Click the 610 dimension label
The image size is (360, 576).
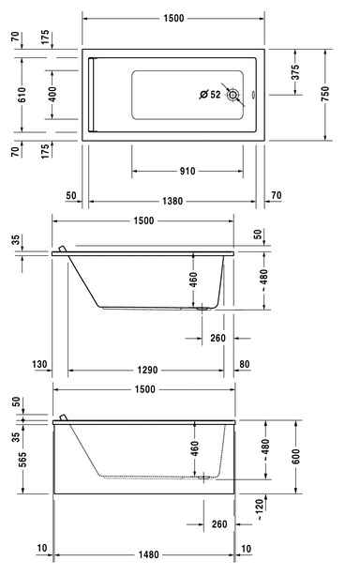[22, 95]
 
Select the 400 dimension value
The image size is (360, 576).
[52, 95]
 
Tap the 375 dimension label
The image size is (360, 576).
[295, 72]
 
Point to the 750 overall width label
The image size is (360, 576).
[325, 94]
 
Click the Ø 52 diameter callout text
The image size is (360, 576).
[210, 95]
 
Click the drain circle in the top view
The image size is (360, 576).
[232, 95]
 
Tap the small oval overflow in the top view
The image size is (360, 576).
[253, 95]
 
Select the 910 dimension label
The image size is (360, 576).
[187, 171]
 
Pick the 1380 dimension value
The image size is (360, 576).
[172, 202]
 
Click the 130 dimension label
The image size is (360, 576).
[39, 364]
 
